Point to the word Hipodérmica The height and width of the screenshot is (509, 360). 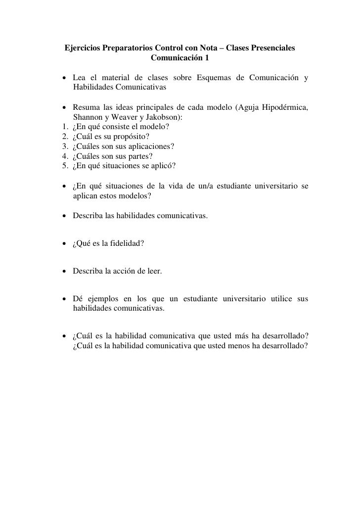(283, 108)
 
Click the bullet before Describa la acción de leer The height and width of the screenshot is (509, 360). (65, 271)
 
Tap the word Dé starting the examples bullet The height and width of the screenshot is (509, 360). (78, 299)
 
